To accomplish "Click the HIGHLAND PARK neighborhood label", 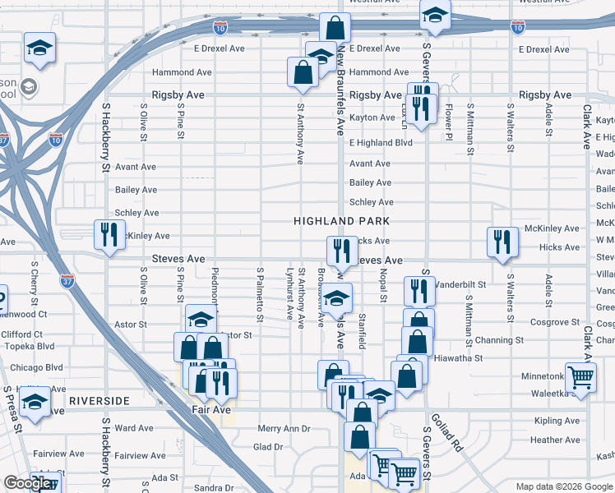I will pyautogui.click(x=341, y=222).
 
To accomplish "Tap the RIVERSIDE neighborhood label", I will pyautogui.click(x=99, y=400).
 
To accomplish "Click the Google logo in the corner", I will pyautogui.click(x=27, y=483).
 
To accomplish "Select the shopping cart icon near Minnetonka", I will pyautogui.click(x=581, y=376).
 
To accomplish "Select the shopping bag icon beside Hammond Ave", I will pyautogui.click(x=303, y=71).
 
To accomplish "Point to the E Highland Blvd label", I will pyautogui.click(x=380, y=142).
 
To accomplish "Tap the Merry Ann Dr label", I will pyautogui.click(x=284, y=429).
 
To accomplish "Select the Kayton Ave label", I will pyautogui.click(x=372, y=117).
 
